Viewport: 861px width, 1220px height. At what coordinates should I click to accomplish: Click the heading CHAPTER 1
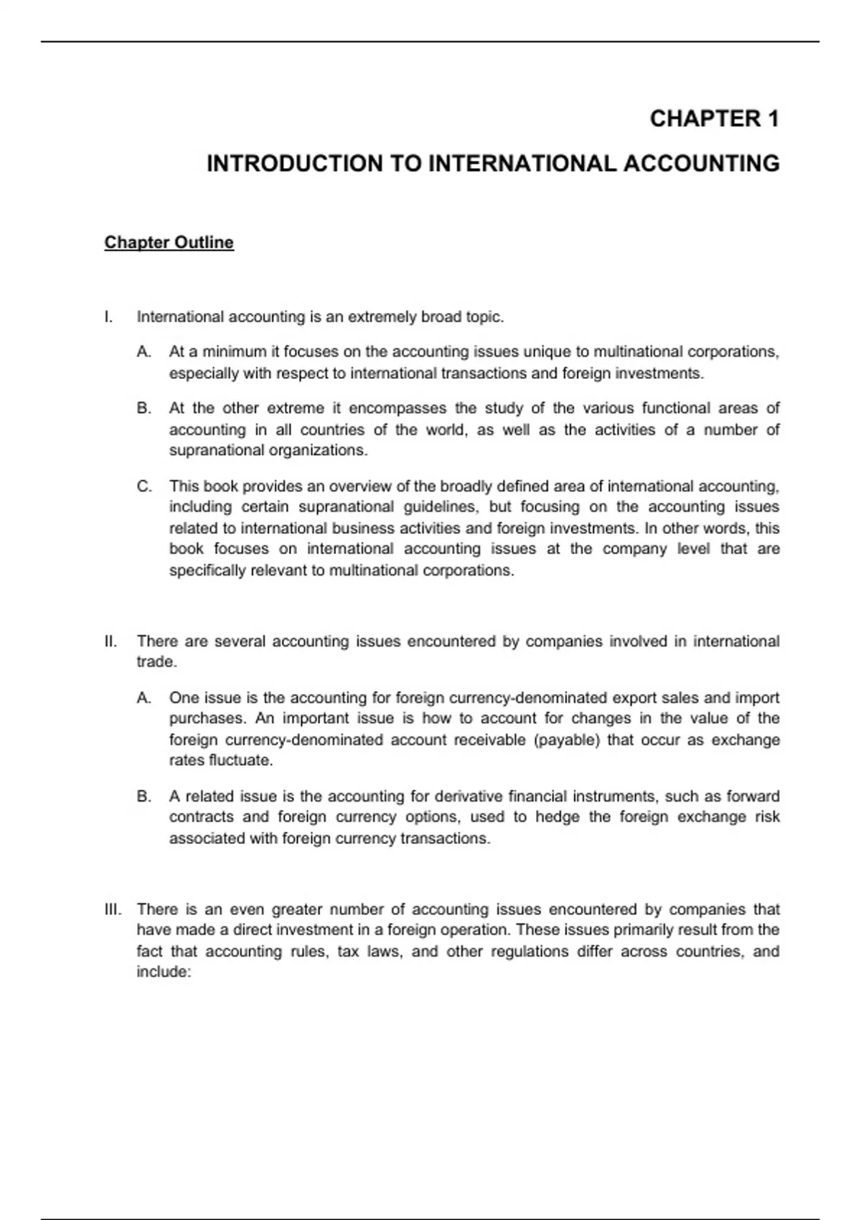coord(714,118)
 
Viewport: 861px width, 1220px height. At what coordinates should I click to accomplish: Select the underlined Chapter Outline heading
coord(169,243)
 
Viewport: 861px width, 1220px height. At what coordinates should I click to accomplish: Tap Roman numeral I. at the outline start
coord(108,317)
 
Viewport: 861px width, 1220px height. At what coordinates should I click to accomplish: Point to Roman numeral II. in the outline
coord(110,641)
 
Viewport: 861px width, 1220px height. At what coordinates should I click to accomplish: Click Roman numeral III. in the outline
coord(113,909)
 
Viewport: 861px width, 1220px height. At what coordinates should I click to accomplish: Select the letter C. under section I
coord(144,487)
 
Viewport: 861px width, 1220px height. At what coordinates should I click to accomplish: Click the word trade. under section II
coord(156,662)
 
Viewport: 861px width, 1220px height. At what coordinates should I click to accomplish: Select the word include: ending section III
coord(164,972)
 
